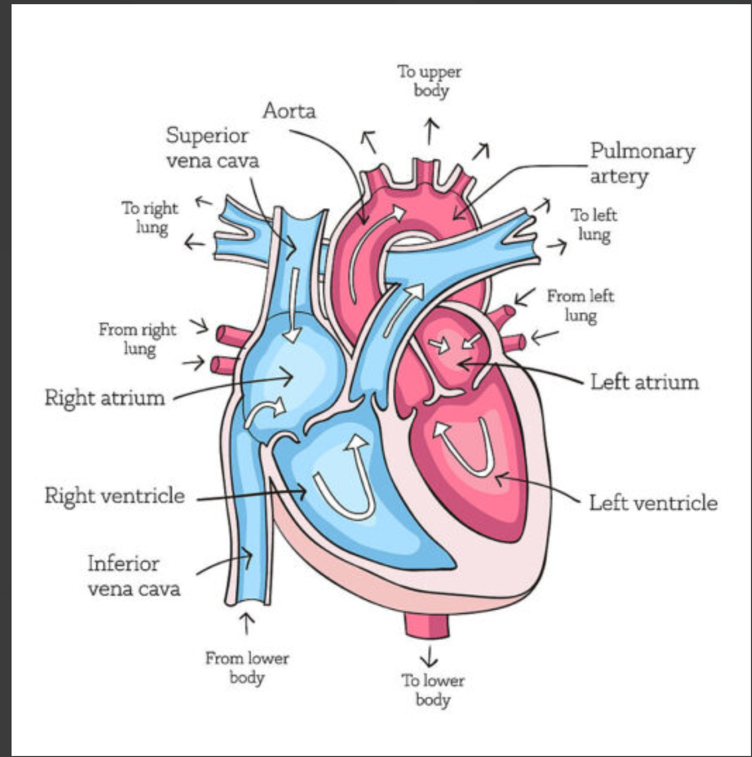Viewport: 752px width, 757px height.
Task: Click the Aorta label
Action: click(289, 111)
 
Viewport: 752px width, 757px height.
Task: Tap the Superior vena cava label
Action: click(212, 148)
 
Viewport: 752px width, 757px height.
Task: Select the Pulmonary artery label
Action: click(642, 163)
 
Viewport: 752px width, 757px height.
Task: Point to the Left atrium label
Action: click(644, 382)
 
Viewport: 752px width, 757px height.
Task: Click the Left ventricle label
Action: click(653, 502)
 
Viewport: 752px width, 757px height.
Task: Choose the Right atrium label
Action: click(105, 397)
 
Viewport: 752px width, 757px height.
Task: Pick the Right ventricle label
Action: click(114, 496)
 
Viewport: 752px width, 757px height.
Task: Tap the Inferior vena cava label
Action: click(133, 576)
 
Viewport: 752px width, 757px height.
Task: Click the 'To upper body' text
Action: click(430, 81)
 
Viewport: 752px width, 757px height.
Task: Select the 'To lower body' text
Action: click(433, 690)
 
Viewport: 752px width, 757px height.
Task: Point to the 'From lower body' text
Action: click(247, 667)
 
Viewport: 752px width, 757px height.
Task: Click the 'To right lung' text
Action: click(150, 217)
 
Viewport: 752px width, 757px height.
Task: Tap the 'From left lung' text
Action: click(580, 306)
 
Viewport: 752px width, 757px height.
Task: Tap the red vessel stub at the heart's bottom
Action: click(427, 624)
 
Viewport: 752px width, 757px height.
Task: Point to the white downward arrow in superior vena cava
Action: click(294, 304)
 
